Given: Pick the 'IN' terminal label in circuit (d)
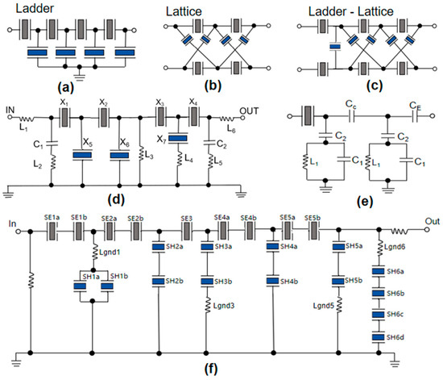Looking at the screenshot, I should coord(11,112).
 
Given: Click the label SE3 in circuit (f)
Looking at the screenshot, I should coord(186,218).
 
